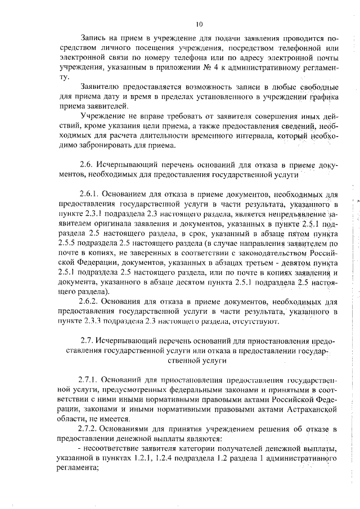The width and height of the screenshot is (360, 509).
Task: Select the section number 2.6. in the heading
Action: coord(89,166)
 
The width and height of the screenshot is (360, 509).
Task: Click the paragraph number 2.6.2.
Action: coord(92,301)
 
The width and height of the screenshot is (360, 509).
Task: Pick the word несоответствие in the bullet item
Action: coord(113,449)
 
